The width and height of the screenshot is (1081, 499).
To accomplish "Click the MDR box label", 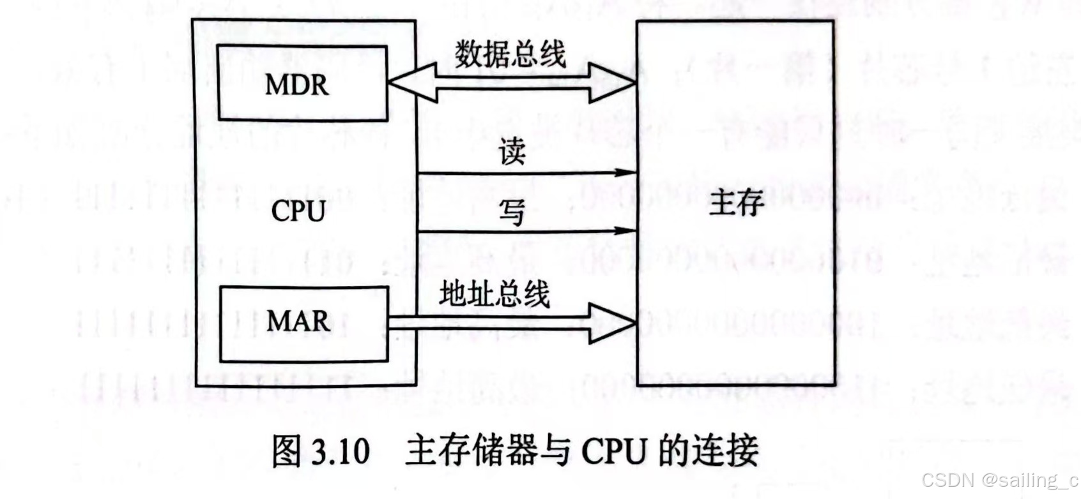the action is point(297,85).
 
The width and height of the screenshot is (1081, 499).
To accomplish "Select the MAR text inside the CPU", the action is point(298,321).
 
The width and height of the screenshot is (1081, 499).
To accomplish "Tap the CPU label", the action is point(298,211).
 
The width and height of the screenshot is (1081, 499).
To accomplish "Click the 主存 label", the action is point(736,203).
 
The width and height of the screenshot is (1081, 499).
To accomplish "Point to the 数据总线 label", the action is point(510,54).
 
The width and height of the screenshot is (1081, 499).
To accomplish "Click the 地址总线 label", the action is point(494,294).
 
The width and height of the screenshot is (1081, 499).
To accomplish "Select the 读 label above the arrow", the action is point(512,152).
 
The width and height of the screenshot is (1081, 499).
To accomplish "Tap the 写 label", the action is point(512,212).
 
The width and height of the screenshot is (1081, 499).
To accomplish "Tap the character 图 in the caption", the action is point(287,451).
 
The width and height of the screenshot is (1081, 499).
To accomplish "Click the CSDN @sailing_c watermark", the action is point(999,480).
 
